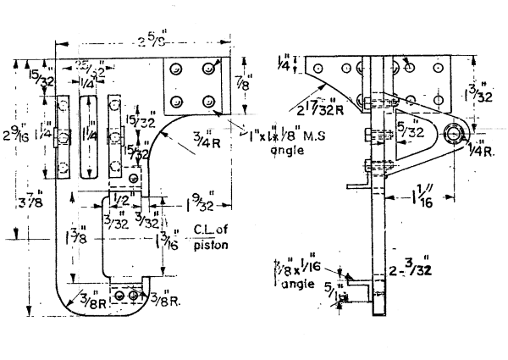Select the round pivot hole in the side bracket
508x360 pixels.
456,133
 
